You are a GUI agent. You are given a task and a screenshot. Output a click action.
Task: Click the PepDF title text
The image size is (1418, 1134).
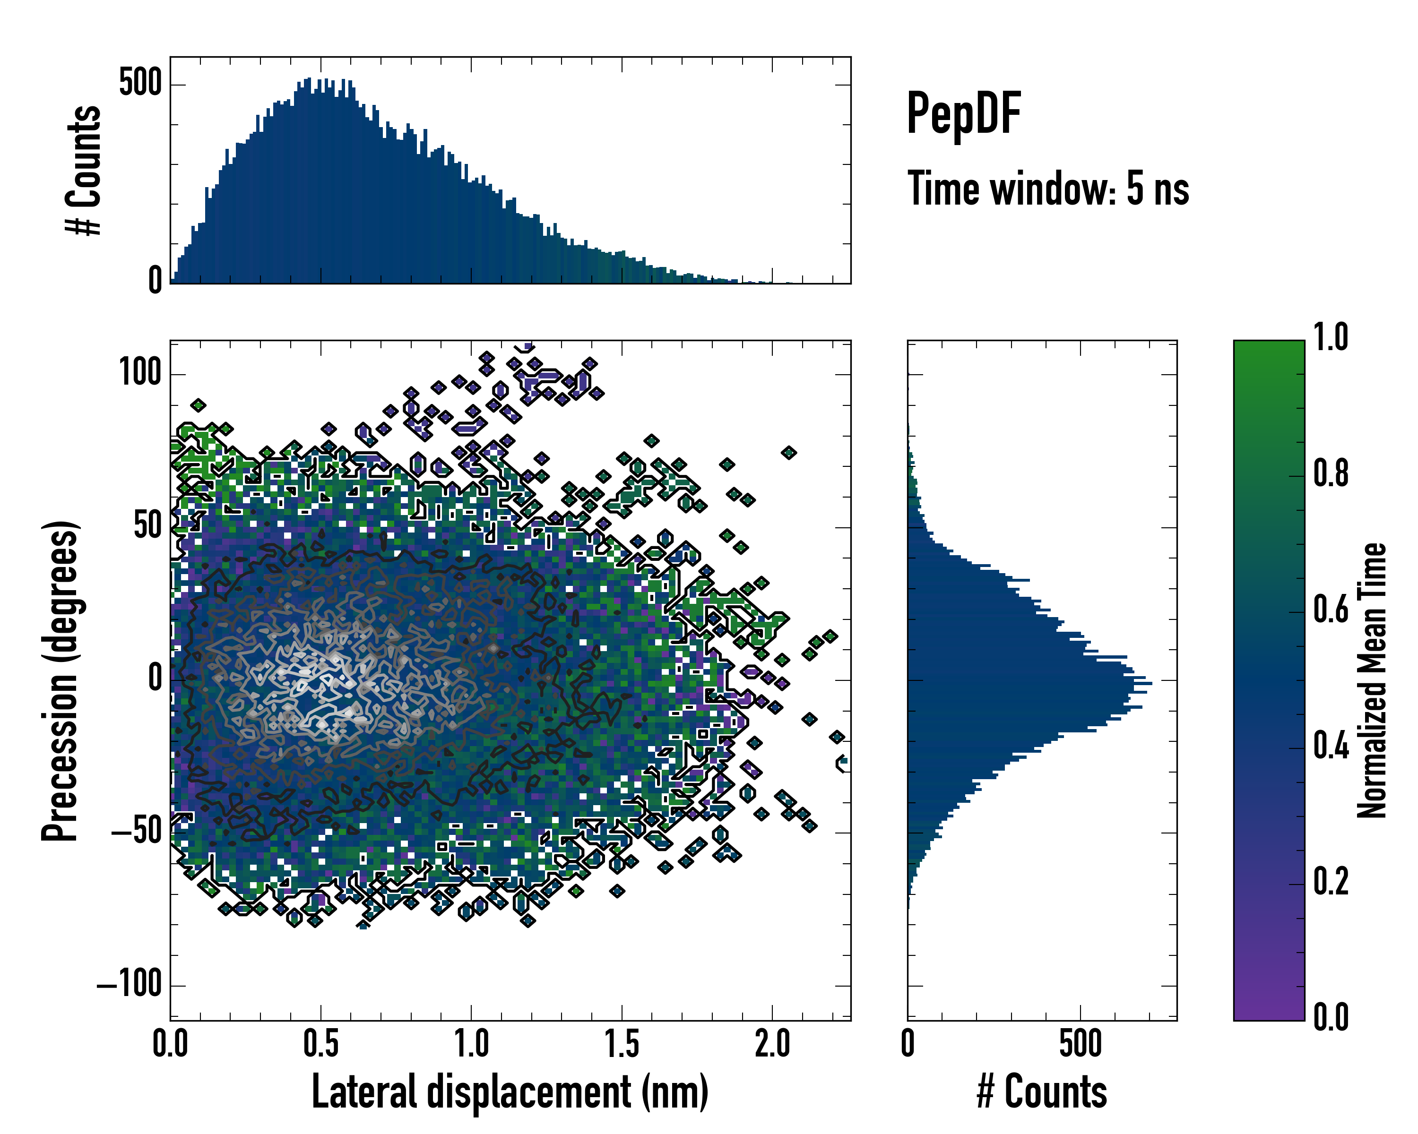coord(963,113)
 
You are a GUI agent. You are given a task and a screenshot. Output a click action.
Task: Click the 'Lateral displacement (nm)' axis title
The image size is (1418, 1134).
coord(510,1092)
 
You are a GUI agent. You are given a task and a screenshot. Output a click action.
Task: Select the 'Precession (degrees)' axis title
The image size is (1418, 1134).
coord(61,680)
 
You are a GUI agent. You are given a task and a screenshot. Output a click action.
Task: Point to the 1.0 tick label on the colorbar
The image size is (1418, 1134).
coord(1331,337)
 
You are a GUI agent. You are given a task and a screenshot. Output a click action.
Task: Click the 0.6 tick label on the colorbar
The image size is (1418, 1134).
coord(1331,610)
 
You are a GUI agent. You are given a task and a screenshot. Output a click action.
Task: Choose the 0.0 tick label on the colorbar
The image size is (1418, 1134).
coord(1331,1017)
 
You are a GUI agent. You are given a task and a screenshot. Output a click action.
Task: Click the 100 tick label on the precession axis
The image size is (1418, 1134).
coord(140,373)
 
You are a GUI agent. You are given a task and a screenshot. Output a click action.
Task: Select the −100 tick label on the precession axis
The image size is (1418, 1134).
coord(129,985)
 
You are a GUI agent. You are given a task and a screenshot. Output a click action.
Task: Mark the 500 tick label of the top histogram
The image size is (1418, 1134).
coord(140,84)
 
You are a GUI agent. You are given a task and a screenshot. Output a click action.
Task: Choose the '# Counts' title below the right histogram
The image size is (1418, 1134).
coord(1042,1092)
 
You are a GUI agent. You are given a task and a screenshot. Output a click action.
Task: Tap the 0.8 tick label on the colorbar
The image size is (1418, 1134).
coord(1331,473)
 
